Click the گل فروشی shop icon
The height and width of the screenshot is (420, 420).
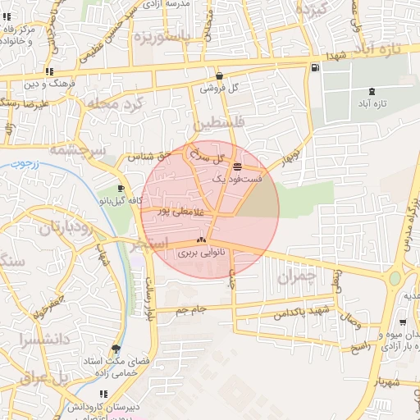tap(218, 74)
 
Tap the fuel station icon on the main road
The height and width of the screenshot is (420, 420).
tap(316, 67)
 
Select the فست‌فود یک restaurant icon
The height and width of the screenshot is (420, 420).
tap(237, 167)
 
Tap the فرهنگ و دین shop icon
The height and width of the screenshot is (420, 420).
tap(50, 72)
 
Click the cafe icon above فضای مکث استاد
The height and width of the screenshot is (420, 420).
tap(121, 349)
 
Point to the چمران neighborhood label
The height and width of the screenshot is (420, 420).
tap(296, 277)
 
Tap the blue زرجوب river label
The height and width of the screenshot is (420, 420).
tap(32, 163)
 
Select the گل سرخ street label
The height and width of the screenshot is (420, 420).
tap(206, 153)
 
